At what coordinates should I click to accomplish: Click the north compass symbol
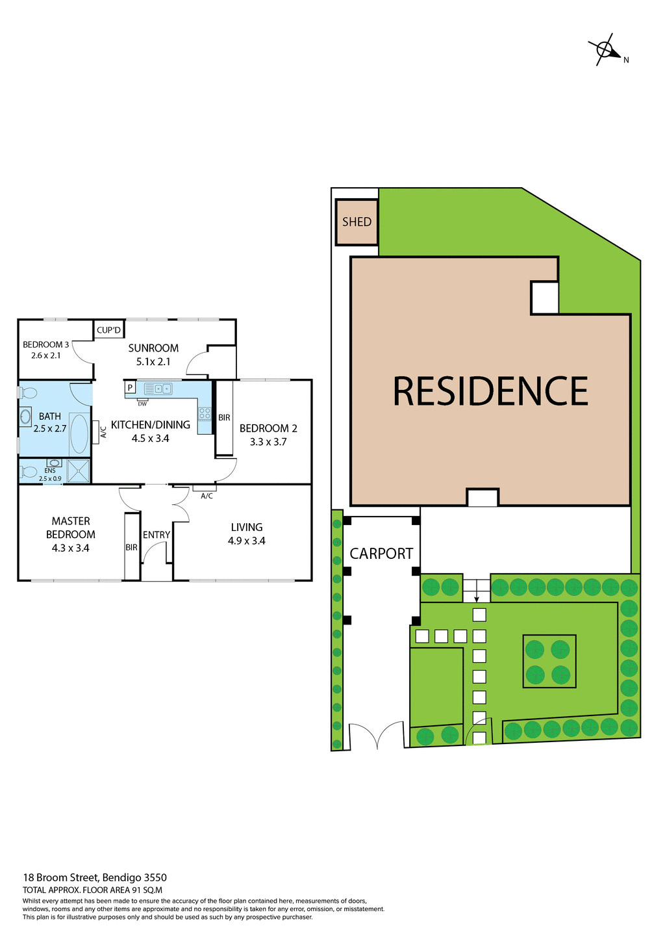click(x=605, y=50)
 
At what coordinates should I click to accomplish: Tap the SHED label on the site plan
click(x=357, y=222)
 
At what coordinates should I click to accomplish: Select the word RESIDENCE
click(x=490, y=391)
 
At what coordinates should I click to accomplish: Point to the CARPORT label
click(x=381, y=554)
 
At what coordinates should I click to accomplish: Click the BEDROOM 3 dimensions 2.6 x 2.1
click(x=45, y=355)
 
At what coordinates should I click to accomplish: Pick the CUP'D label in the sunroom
click(x=108, y=330)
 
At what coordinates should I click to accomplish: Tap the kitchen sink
click(x=158, y=389)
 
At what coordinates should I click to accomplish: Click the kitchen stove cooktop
click(x=205, y=413)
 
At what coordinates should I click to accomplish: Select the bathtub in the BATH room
click(x=79, y=433)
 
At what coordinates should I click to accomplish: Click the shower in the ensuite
click(x=79, y=471)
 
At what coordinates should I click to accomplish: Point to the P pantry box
click(x=130, y=388)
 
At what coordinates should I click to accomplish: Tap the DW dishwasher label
click(x=142, y=404)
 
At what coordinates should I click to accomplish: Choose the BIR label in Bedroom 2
click(x=224, y=417)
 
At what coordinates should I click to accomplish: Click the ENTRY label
click(x=157, y=535)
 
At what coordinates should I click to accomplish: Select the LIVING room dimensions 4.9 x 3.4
click(x=247, y=541)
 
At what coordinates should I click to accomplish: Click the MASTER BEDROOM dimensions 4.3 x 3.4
click(x=71, y=548)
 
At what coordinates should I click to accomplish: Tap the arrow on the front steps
click(x=477, y=596)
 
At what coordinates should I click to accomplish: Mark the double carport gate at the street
click(x=377, y=736)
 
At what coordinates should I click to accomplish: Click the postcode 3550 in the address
click(x=155, y=877)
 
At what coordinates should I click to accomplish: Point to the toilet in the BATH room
click(x=28, y=393)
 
